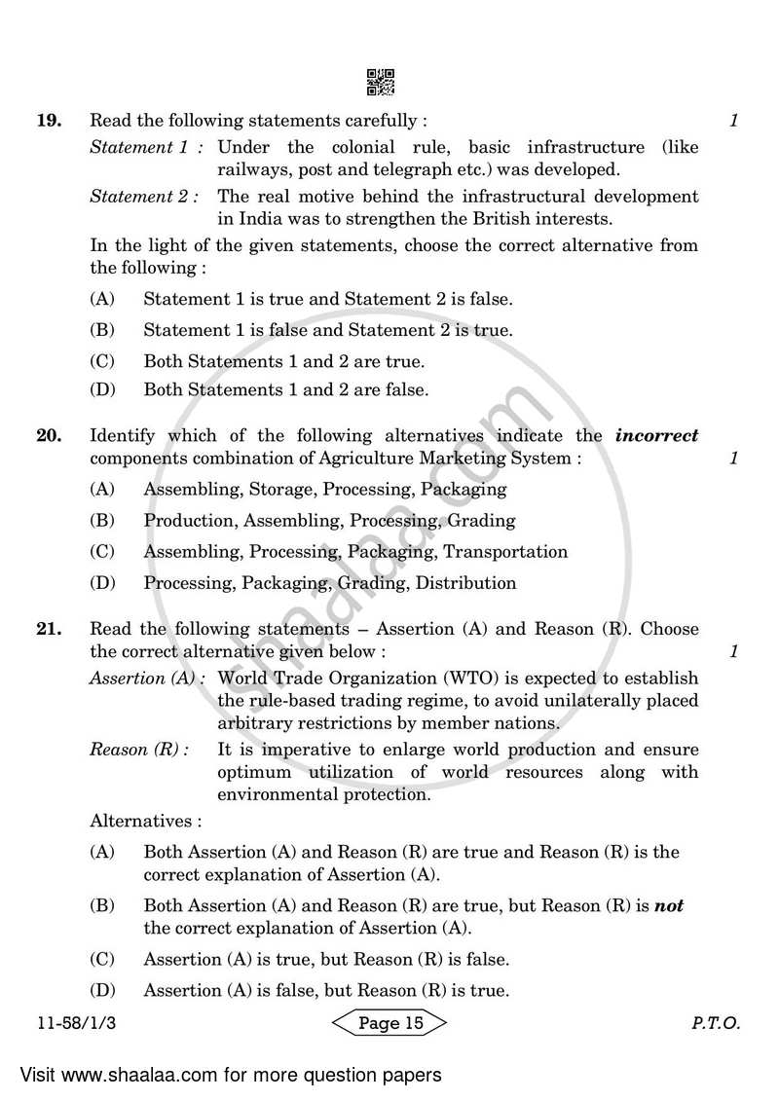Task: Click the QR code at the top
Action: pyautogui.click(x=380, y=84)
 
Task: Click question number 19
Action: pyautogui.click(x=49, y=122)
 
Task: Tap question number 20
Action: pyautogui.click(x=49, y=436)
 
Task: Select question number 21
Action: pyautogui.click(x=49, y=629)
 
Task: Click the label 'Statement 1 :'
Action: pyautogui.click(x=147, y=148)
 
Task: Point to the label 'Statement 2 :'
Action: pyautogui.click(x=145, y=197)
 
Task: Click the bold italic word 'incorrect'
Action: pyautogui.click(x=656, y=436)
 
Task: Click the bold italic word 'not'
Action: pyautogui.click(x=668, y=906)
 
